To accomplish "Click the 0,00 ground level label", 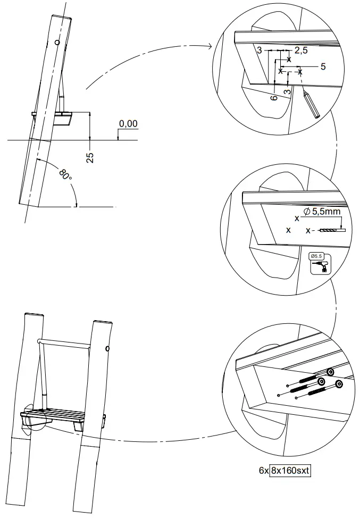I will coord(128,124).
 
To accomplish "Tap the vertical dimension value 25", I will coord(90,157).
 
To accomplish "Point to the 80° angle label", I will coord(65,175).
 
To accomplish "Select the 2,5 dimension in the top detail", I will coord(301,51).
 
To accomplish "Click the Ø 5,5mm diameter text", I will coord(322,212).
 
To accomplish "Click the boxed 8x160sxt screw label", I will coord(290,470).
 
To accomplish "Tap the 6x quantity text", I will coord(263,470).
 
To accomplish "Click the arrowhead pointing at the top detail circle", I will coord(215,47).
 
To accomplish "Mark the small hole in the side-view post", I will coord(56,42).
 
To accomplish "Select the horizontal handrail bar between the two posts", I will coord(64,341).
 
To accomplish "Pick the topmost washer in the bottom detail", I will coord(330,373).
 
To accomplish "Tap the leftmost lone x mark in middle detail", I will coord(288,230).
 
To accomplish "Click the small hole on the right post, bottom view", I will coord(108,349).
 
